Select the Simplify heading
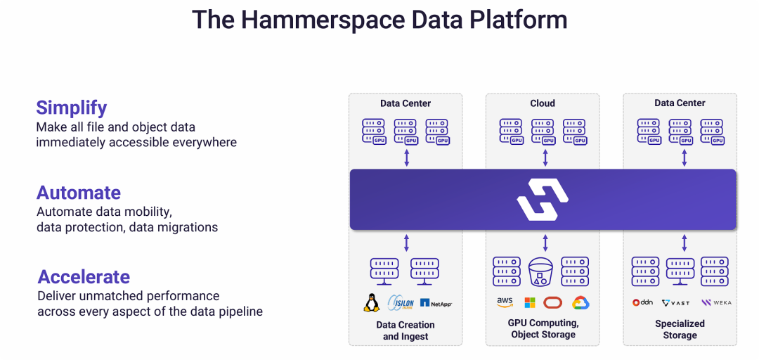click(72, 108)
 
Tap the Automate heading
click(79, 193)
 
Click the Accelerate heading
click(84, 276)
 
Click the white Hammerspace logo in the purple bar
click(543, 199)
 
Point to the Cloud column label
click(543, 103)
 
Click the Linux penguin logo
click(371, 302)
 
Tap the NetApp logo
click(436, 303)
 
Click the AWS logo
click(505, 302)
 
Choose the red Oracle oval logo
click(553, 302)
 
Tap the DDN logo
click(642, 302)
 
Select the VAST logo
click(676, 303)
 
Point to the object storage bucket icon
click(542, 272)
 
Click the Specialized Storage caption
click(680, 329)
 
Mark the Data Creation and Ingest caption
click(406, 330)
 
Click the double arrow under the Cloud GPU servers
click(545, 158)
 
